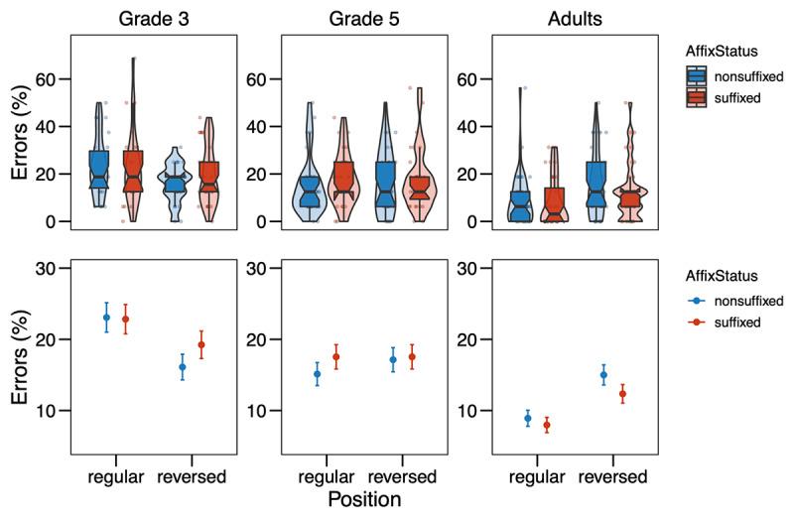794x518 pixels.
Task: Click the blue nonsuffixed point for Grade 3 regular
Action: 106,318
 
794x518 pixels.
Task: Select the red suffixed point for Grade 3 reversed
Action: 200,344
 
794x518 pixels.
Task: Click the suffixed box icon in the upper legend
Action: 702,100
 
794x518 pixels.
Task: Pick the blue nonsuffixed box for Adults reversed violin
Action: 595,184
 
